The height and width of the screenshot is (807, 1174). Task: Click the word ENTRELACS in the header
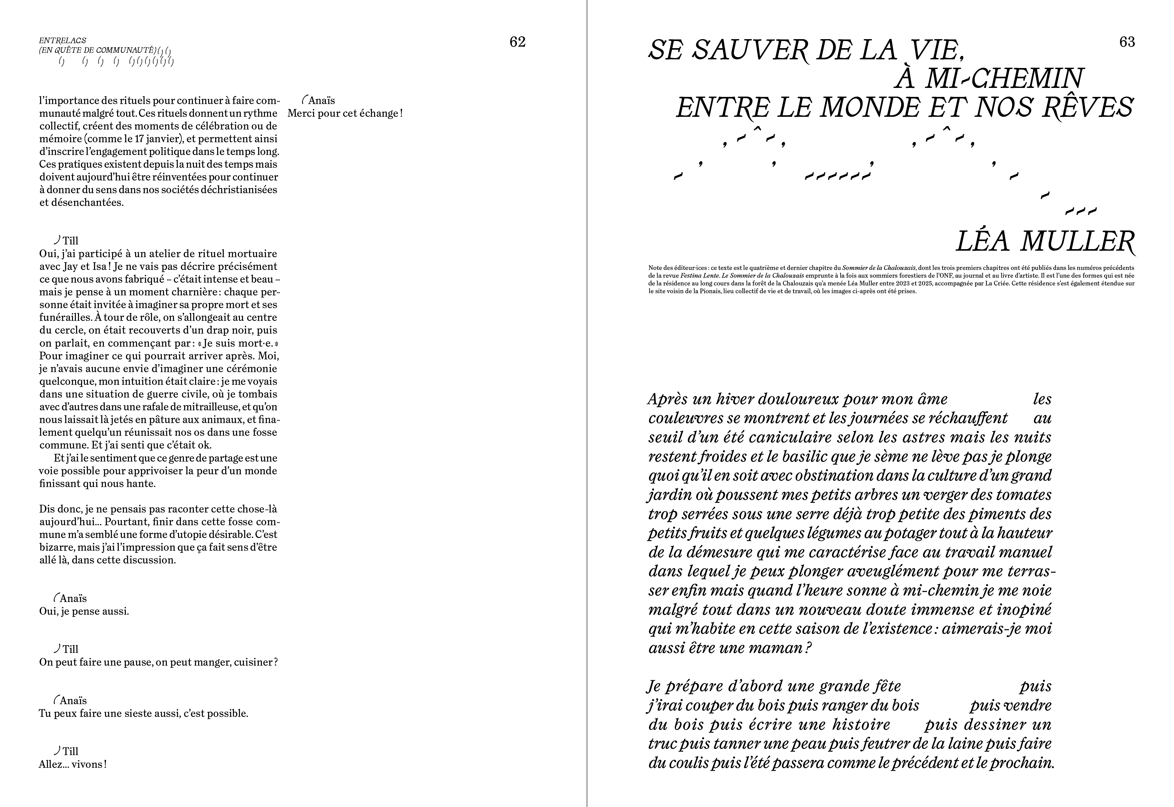tap(63, 40)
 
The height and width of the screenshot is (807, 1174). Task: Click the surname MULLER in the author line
tap(1077, 242)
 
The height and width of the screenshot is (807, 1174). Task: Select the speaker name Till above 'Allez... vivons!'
tap(70, 751)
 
